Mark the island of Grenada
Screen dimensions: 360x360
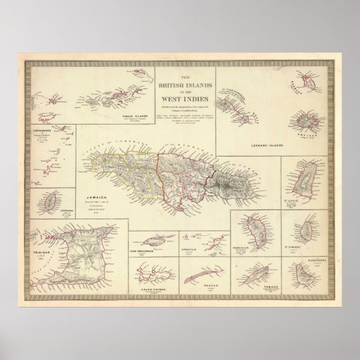(50, 198)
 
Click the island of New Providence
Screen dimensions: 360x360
(151, 240)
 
